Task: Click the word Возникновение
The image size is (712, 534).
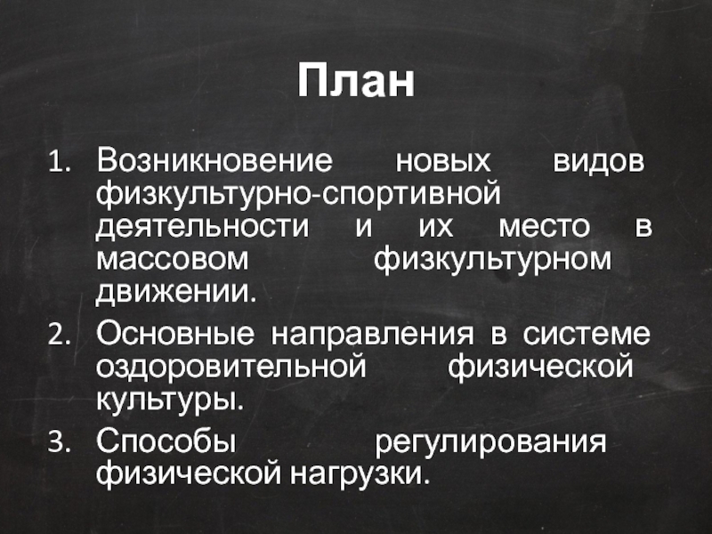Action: click(214, 163)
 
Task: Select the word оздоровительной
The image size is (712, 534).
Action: click(230, 366)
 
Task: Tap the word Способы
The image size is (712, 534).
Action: click(166, 441)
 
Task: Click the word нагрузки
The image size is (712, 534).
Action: click(360, 473)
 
